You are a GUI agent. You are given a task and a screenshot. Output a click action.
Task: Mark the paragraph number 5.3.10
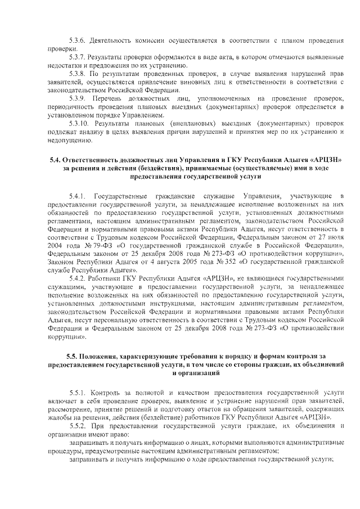pyautogui.click(x=79, y=123)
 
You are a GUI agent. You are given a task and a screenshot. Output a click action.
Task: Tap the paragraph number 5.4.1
pyautogui.click(x=77, y=196)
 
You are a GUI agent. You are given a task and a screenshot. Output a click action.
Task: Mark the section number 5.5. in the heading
pyautogui.click(x=72, y=358)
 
